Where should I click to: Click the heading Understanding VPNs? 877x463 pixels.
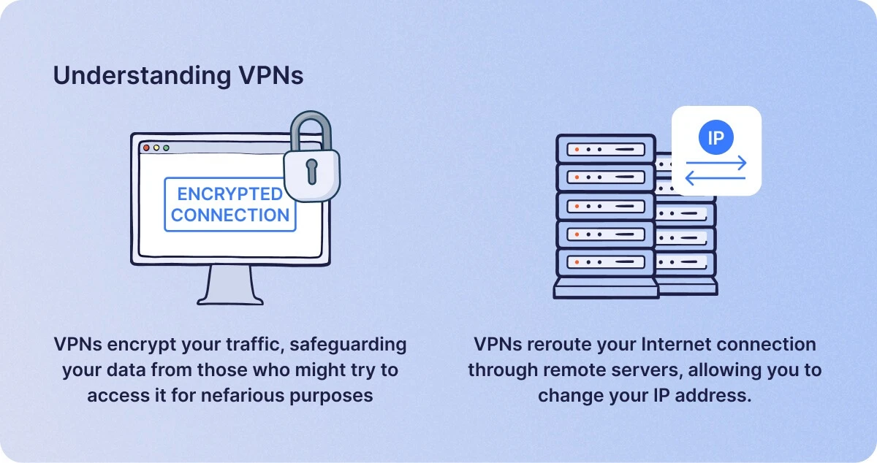pos(178,75)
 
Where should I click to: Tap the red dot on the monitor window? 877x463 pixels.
pos(146,148)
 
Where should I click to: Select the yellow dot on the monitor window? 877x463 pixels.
pos(156,148)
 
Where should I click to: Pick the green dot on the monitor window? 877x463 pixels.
pos(167,148)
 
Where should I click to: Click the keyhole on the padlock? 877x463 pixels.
pos(311,172)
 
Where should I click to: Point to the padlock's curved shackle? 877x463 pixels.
pos(311,118)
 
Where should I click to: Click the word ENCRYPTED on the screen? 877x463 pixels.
pos(229,194)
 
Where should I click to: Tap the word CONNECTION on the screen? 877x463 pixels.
pos(229,215)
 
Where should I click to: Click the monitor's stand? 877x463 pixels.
pos(230,285)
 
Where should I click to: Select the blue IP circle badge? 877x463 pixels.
pos(716,137)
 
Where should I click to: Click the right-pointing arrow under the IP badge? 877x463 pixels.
pos(716,162)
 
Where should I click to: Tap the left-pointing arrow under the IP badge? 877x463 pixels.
pos(715,178)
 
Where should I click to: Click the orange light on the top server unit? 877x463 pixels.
pos(577,150)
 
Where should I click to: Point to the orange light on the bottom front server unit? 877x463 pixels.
pos(577,262)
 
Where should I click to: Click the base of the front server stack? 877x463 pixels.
pos(606,289)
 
